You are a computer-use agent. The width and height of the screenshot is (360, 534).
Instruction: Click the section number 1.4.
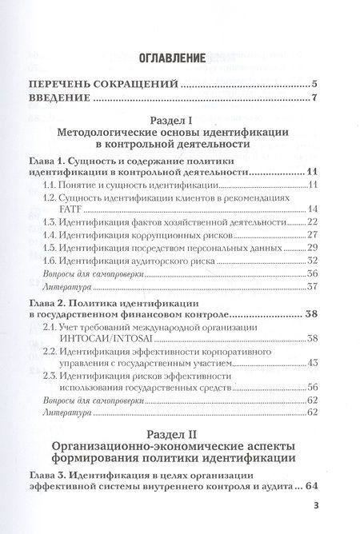[50, 235]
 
